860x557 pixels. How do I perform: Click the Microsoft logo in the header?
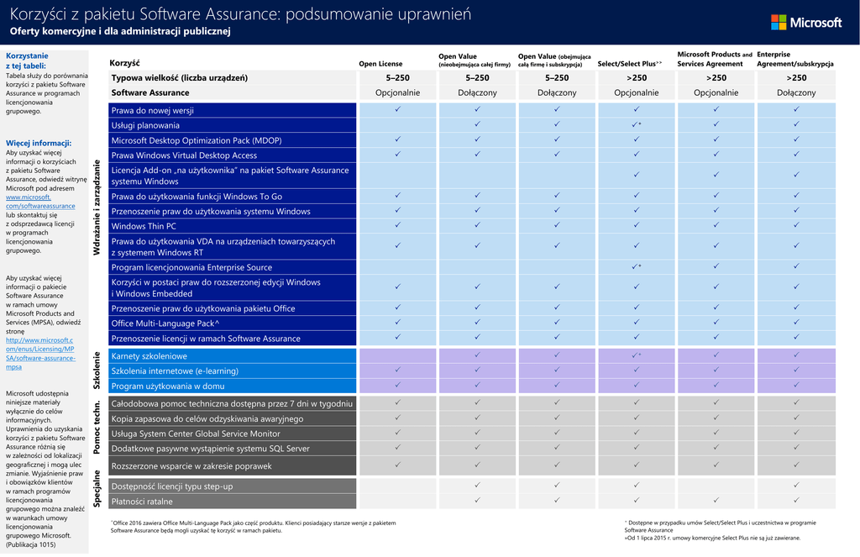coord(805,23)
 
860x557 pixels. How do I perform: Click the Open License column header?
coord(380,64)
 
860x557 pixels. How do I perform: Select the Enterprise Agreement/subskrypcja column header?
coord(794,59)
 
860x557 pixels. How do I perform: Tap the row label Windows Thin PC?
coord(144,226)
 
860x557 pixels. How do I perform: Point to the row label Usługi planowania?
coord(145,125)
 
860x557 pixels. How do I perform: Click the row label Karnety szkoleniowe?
coord(149,356)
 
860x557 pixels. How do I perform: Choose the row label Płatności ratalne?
coord(142,502)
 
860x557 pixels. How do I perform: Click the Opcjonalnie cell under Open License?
coord(397,92)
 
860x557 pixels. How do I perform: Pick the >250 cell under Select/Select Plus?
coord(636,78)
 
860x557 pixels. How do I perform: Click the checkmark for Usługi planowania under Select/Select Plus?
coord(636,125)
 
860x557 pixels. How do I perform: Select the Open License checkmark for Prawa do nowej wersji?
coord(397,110)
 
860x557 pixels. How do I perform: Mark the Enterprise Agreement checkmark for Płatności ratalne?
coord(795,502)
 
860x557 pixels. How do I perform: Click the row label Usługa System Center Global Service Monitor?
coord(196,434)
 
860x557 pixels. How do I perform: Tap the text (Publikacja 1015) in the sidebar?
coord(31,545)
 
